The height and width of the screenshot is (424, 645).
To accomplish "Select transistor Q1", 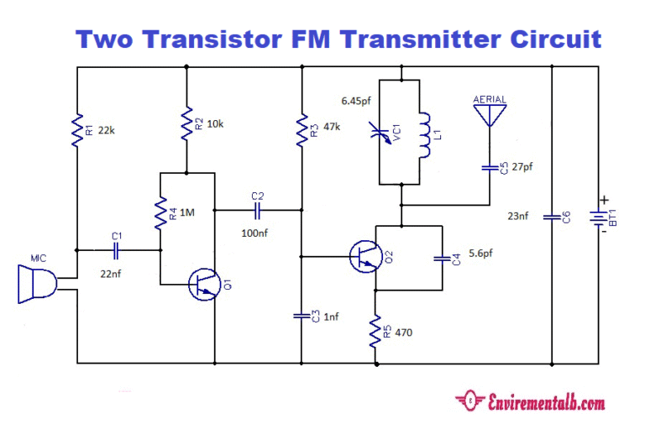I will (x=202, y=284).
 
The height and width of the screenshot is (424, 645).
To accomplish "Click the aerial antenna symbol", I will (x=490, y=116).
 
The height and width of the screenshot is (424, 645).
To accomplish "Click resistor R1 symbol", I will (x=76, y=129).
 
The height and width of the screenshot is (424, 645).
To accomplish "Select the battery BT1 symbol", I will (x=599, y=217).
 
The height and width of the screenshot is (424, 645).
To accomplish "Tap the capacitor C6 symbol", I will (x=551, y=217).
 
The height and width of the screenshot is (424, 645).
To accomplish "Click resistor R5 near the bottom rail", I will (x=375, y=332).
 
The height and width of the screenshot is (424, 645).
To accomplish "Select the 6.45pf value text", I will (x=356, y=100).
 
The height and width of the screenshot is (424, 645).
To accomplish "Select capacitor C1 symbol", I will (x=117, y=250).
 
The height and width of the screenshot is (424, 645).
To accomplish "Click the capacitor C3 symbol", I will (x=301, y=316).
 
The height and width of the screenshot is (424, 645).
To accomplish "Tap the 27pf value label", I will (x=521, y=167).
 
